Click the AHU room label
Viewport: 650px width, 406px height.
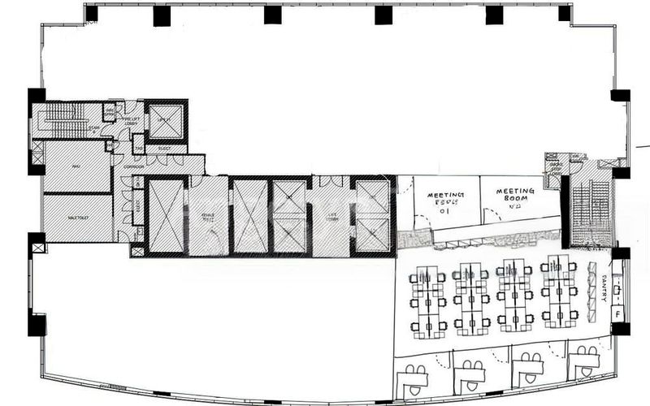tap(75, 166)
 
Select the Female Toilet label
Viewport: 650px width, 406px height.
tap(208, 218)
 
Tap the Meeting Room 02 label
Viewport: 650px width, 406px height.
tap(514, 197)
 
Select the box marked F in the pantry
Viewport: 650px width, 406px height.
tap(618, 313)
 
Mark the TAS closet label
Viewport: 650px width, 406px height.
tap(138, 149)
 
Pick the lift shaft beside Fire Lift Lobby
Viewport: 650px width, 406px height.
tap(165, 121)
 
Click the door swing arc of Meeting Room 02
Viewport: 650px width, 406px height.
tap(487, 215)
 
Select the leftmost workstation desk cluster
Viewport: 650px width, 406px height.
tap(428, 300)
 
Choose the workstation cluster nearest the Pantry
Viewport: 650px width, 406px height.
tap(561, 292)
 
